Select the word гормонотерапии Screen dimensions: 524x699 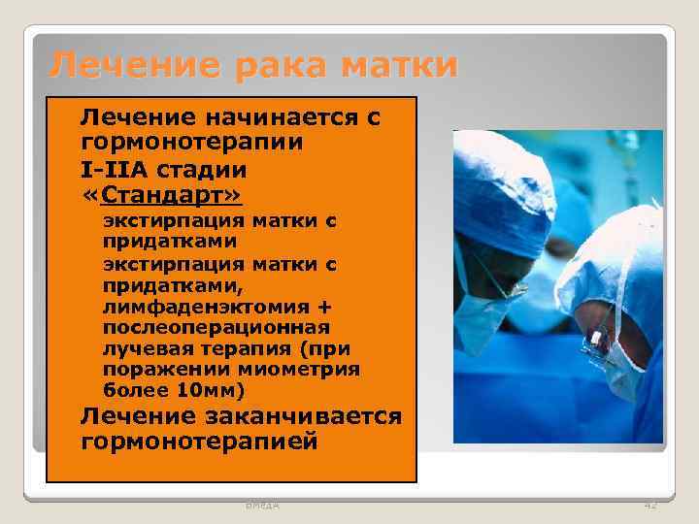pyautogui.click(x=191, y=142)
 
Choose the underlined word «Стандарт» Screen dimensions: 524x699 pyautogui.click(x=161, y=197)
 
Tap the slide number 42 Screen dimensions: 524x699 pyautogui.click(x=649, y=505)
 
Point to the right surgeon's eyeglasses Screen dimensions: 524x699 pyautogui.click(x=594, y=333)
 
